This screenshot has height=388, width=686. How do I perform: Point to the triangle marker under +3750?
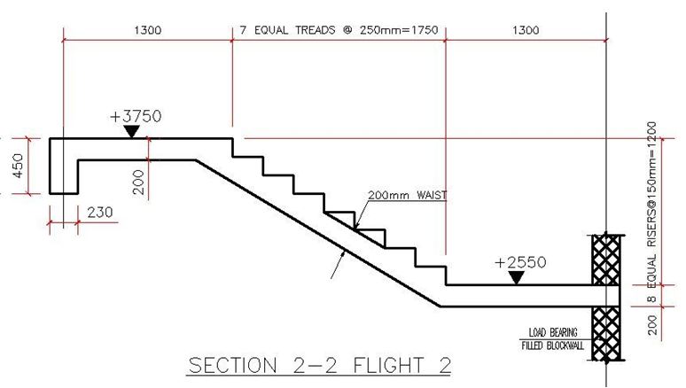[131, 132]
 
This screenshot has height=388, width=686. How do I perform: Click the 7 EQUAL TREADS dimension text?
[339, 30]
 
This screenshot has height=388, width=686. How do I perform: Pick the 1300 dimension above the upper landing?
[147, 30]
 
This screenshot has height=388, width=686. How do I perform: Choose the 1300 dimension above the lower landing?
[525, 30]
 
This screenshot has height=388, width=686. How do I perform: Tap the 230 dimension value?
[100, 212]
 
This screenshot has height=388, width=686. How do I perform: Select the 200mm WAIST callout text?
[405, 196]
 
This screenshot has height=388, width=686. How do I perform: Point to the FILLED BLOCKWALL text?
[550, 345]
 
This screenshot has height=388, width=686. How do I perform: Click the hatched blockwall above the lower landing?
[606, 258]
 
